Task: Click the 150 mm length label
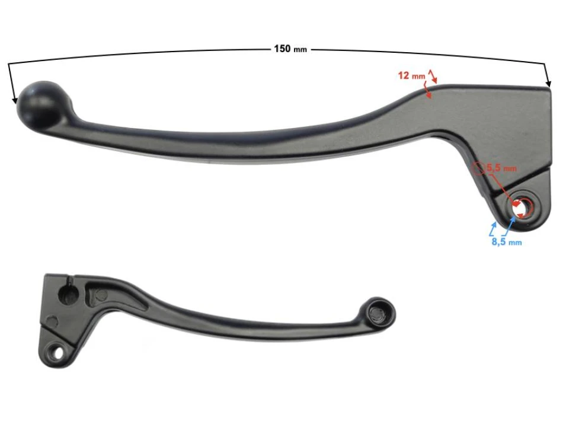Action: [x=290, y=49]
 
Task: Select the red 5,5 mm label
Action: [x=501, y=168]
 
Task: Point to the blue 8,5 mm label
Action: [x=506, y=242]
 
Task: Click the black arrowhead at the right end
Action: [x=548, y=84]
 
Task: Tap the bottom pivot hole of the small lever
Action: [x=58, y=352]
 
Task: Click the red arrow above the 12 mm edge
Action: [x=432, y=75]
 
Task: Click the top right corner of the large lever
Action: [x=550, y=90]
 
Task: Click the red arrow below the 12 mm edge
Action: [x=428, y=91]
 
